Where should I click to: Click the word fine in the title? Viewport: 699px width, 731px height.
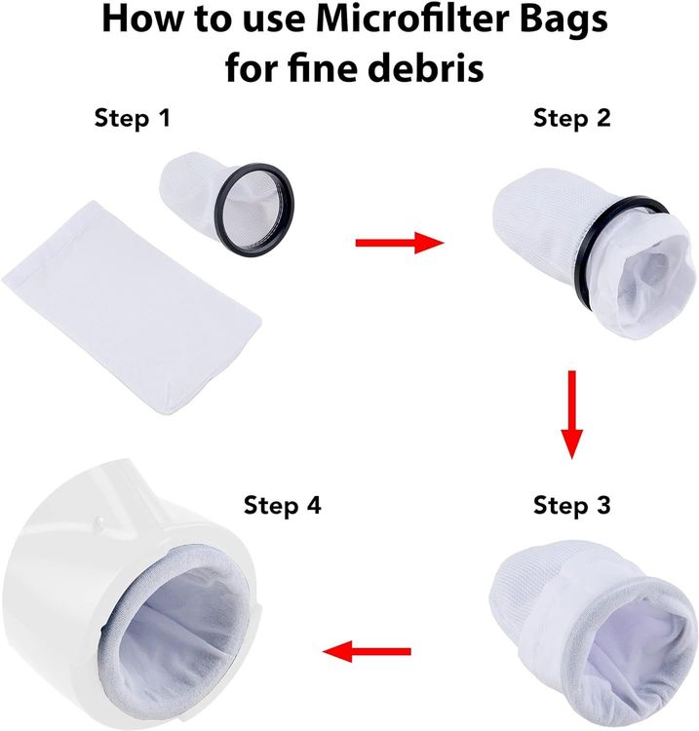[323, 67]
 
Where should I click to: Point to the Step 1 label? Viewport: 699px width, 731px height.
[133, 118]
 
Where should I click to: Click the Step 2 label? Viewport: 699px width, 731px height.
[571, 118]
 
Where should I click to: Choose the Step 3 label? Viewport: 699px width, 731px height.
[571, 505]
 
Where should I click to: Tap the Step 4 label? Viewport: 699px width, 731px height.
[282, 505]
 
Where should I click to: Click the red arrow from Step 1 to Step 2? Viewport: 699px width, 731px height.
[400, 243]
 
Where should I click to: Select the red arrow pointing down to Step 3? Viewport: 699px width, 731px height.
[571, 414]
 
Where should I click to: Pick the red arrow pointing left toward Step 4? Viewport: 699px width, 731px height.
[367, 651]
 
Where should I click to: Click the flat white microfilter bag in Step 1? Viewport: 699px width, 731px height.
[132, 307]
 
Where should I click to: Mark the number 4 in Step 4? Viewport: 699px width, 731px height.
[312, 505]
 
